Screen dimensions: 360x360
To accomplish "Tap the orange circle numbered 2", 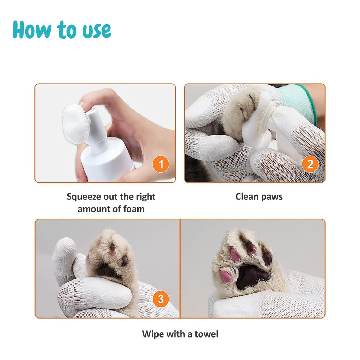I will pyautogui.click(x=310, y=164).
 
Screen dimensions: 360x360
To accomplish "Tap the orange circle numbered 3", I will pyautogui.click(x=161, y=299).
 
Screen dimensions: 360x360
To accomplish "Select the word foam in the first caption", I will pyautogui.click(x=134, y=209).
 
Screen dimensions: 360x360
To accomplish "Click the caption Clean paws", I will pyautogui.click(x=259, y=197).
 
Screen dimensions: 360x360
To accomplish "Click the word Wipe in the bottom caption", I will pyautogui.click(x=153, y=334).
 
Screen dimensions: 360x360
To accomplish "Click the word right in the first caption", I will pyautogui.click(x=144, y=197).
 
